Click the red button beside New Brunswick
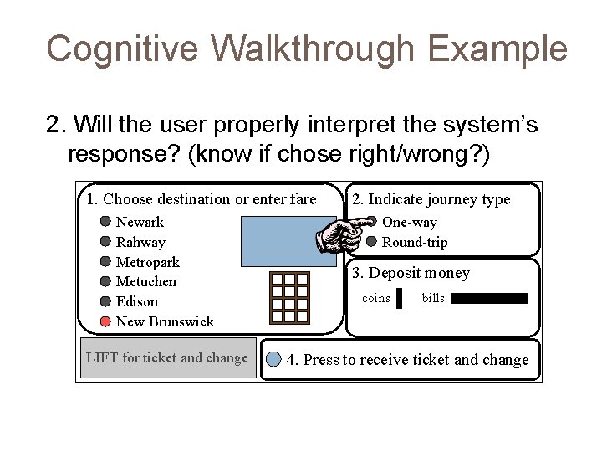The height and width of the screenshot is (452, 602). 105,321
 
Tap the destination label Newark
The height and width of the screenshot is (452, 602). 140,222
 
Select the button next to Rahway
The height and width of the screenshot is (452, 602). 105,242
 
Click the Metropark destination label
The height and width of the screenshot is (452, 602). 148,262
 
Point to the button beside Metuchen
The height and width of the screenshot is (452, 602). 105,281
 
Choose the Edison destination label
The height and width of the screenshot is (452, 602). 136,301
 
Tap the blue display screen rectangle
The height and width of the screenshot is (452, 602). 288,241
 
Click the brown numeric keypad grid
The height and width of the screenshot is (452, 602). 290,298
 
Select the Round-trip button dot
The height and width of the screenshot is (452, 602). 371,242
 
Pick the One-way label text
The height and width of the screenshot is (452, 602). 409,223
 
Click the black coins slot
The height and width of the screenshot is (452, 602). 399,299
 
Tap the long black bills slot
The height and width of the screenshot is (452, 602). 490,298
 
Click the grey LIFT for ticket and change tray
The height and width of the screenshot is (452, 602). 167,358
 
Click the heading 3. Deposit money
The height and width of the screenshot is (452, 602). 411,273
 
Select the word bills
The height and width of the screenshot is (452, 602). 433,298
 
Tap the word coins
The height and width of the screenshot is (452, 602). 375,298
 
